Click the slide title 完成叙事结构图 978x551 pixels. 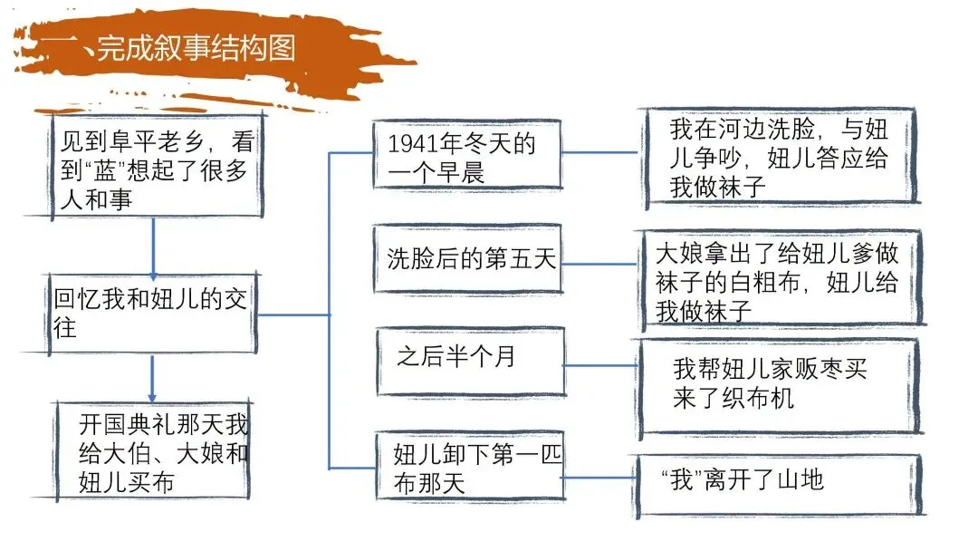pos(196,47)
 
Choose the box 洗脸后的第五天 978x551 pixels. pos(467,259)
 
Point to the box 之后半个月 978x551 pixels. pos(472,360)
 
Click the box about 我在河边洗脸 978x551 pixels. pos(780,156)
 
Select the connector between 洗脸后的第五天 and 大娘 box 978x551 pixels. pos(600,265)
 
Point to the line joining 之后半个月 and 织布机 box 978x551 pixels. pos(602,365)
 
